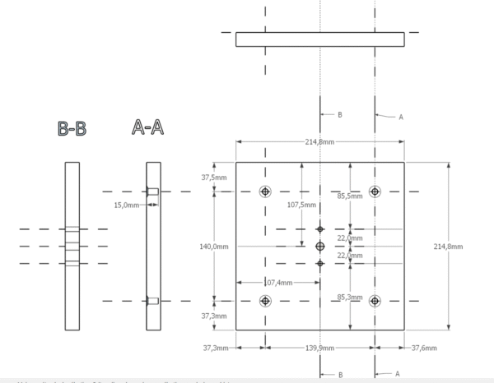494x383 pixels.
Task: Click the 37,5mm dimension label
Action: tap(214, 178)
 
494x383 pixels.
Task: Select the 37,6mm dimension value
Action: tap(424, 348)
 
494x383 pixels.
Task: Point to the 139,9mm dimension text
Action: tap(319, 348)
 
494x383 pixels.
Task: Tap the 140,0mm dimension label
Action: tap(214, 247)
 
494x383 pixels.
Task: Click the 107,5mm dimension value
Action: tap(301, 205)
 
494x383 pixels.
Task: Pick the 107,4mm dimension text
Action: tap(278, 283)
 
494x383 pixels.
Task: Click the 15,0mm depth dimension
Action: tap(127, 205)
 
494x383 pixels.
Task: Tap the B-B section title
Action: tap(72, 129)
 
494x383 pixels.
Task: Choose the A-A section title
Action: tap(147, 127)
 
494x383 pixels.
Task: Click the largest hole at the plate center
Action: tap(320, 246)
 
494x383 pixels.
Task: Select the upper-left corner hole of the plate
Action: tap(265, 191)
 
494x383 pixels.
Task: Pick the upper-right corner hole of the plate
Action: tap(375, 191)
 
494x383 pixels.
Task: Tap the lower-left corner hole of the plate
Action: tap(265, 301)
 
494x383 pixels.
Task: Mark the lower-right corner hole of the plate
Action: tap(375, 301)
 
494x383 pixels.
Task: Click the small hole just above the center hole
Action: tap(320, 228)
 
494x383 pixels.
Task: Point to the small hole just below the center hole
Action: tap(320, 263)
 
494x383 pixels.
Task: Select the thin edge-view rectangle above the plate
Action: tap(319, 39)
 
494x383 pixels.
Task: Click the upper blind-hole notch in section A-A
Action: tap(154, 191)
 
